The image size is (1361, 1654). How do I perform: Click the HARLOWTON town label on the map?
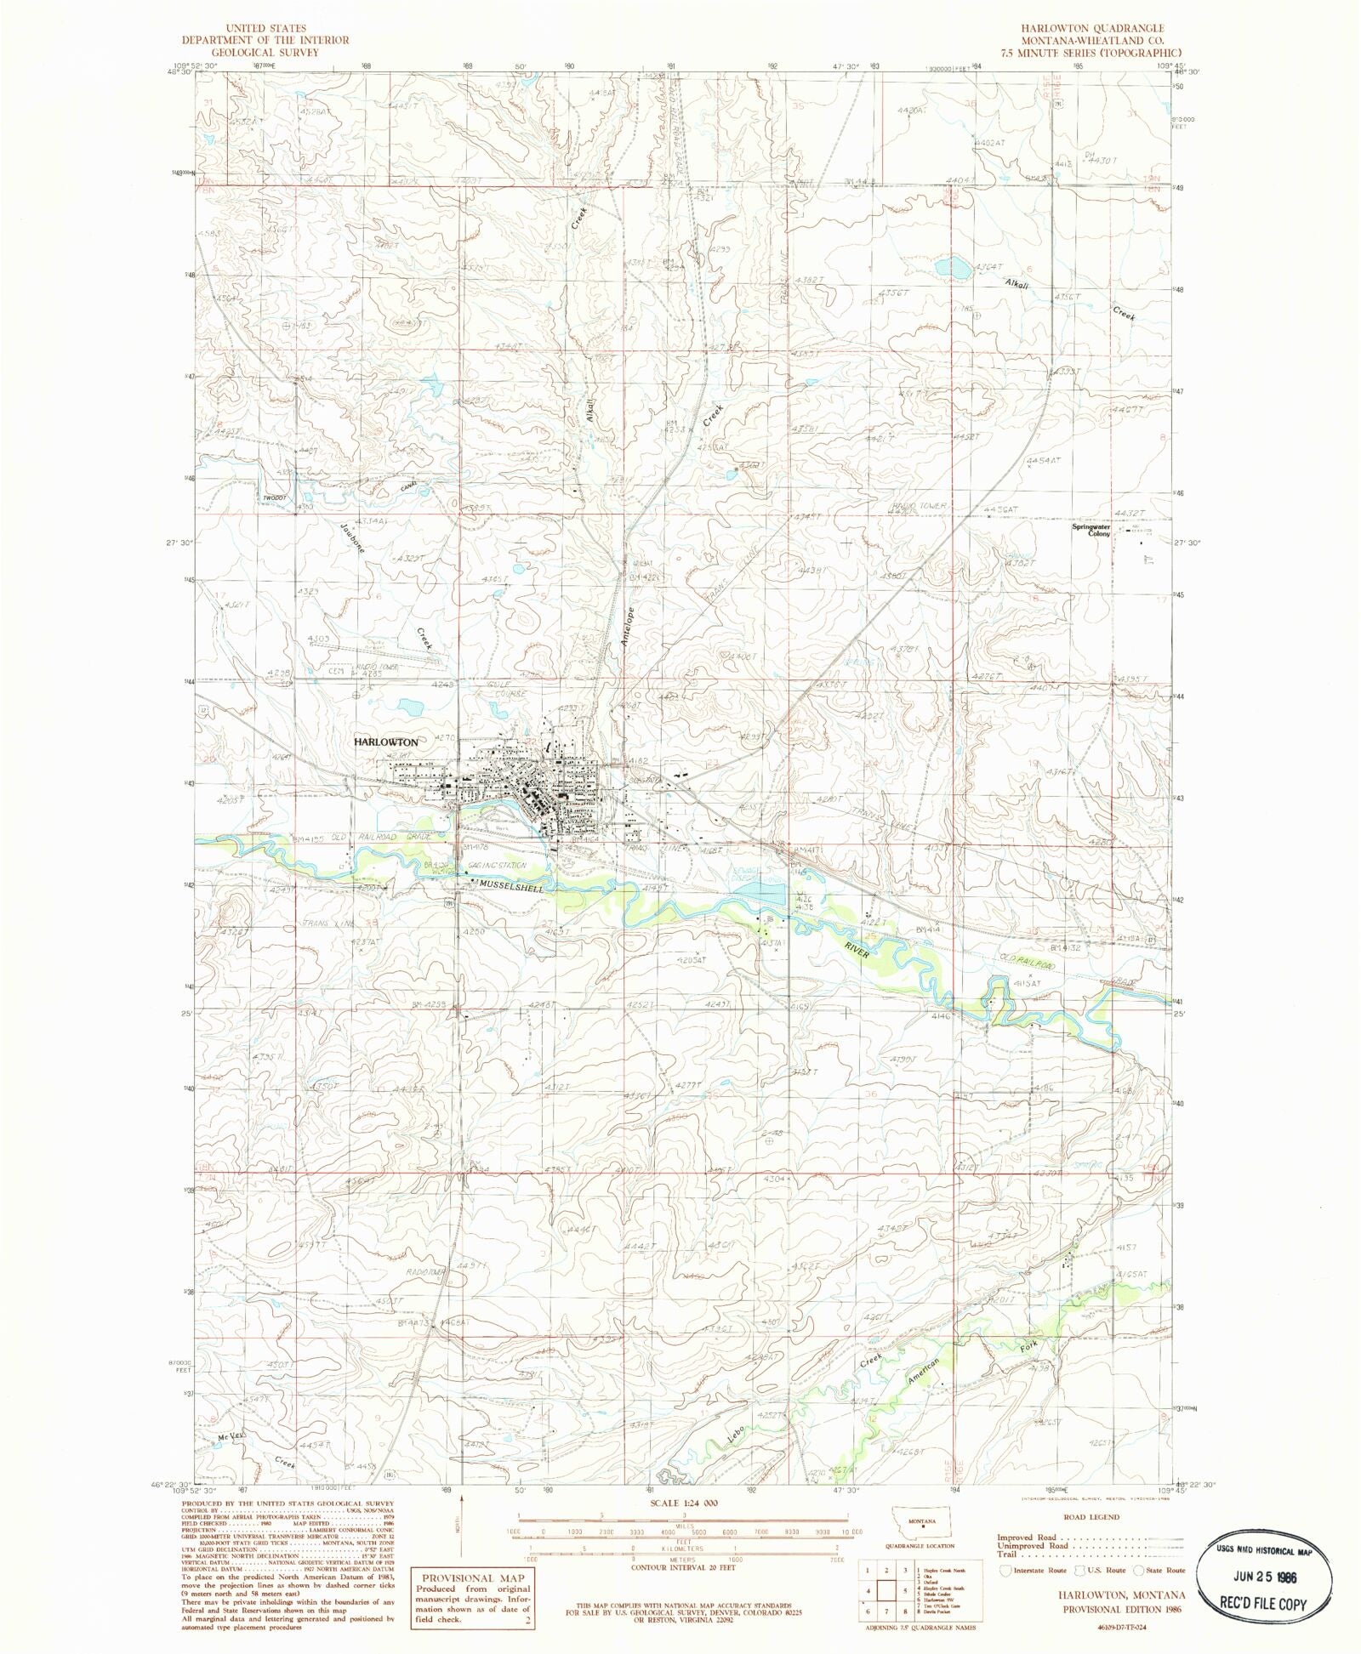[x=385, y=742]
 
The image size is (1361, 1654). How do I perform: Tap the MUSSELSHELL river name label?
[x=510, y=887]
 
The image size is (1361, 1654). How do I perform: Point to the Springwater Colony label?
[x=1091, y=530]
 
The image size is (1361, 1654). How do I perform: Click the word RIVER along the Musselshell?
[x=857, y=950]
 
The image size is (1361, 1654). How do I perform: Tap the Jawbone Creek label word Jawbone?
[x=351, y=537]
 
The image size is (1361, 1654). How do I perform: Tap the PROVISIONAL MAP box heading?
[x=472, y=1577]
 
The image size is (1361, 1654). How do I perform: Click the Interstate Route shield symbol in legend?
[x=1006, y=1570]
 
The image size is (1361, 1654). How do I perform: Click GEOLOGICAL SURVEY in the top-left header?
[x=265, y=52]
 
